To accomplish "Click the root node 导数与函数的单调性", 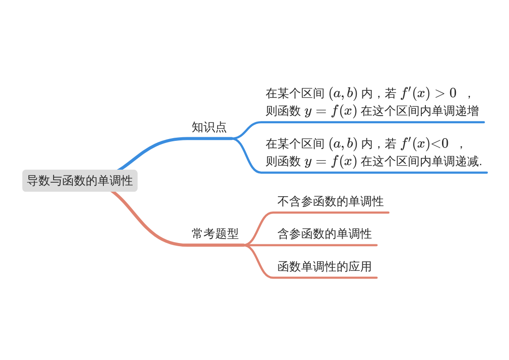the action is tap(80, 180).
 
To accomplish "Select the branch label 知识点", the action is tap(209, 127).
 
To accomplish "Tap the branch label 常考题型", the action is tap(215, 234).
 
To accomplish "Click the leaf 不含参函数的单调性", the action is tap(330, 202).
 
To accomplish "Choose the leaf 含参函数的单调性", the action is tap(325, 234).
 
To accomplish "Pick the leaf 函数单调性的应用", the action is tap(325, 267).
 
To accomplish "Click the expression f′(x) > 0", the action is tap(429, 94).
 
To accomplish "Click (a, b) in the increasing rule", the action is tap(343, 94).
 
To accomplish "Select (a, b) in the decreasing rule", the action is tap(343, 144).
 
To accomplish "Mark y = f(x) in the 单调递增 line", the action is tap(330, 111).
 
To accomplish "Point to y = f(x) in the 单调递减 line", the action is tap(330, 161).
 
